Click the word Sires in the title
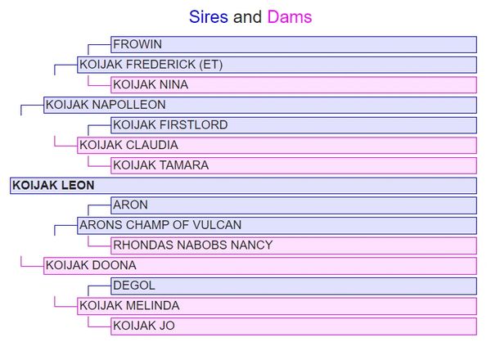pyautogui.click(x=209, y=16)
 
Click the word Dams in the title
pyautogui.click(x=289, y=16)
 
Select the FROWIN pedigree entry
pyautogui.click(x=137, y=44)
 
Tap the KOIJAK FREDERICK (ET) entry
pyautogui.click(x=151, y=65)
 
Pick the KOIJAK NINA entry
pyautogui.click(x=150, y=84)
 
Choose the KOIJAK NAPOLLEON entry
pyautogui.click(x=106, y=105)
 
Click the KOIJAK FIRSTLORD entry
pyautogui.click(x=170, y=125)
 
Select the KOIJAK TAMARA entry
pyautogui.click(x=160, y=165)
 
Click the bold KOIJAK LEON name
pyautogui.click(x=52, y=186)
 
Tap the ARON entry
pyautogui.click(x=130, y=205)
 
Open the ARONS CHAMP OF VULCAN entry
pyautogui.click(x=160, y=225)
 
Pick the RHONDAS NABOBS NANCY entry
pyautogui.click(x=192, y=245)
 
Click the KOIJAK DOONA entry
pyautogui.click(x=91, y=265)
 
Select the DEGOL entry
pyautogui.click(x=133, y=286)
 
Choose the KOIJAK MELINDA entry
pyautogui.click(x=128, y=305)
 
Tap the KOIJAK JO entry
pyautogui.click(x=143, y=326)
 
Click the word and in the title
pyautogui.click(x=247, y=16)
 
